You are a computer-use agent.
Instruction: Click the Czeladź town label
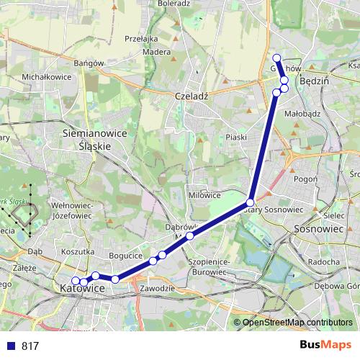(x=191, y=96)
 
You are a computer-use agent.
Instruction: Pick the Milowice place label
(x=204, y=195)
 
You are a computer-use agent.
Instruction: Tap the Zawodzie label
(x=158, y=288)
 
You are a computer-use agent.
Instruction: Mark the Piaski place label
(x=236, y=137)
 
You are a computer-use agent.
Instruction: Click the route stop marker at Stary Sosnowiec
(x=250, y=202)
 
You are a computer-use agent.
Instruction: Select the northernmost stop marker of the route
(x=276, y=58)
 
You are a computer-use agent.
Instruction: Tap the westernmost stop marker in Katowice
(x=76, y=281)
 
